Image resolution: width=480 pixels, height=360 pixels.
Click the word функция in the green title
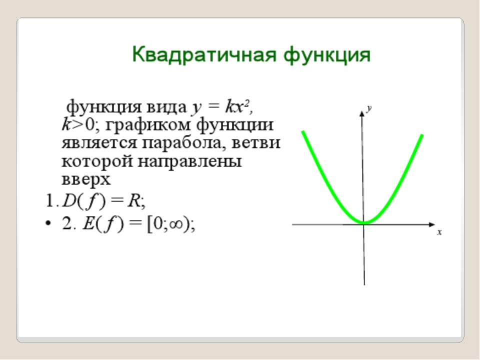pos(327,55)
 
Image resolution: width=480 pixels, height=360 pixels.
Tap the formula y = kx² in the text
pos(221,107)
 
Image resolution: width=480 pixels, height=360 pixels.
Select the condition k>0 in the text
pos(79,124)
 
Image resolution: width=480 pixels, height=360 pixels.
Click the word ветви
pos(255,142)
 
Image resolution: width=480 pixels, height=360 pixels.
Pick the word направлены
pos(190,161)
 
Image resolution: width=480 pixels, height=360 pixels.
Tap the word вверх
pos(86,179)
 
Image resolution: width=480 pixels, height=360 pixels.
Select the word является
pos(99,143)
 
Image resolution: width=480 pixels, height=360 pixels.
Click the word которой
pos(97,161)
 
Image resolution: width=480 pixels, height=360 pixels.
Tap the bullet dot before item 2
pos(48,223)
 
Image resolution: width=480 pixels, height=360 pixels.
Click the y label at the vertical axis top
pos(369,108)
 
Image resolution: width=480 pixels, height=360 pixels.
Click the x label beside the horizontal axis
pos(439,232)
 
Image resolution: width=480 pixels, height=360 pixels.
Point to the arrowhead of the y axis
pos(362,113)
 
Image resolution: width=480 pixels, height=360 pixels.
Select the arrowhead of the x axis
pos(432,224)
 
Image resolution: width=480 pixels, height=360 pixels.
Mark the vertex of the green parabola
pos(364,222)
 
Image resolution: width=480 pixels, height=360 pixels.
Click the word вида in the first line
pos(167,107)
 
